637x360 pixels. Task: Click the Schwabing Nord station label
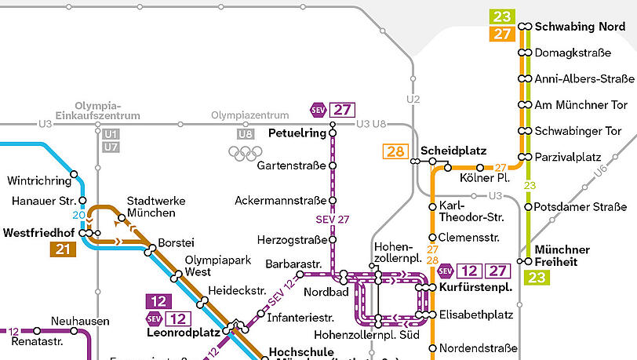point(580,27)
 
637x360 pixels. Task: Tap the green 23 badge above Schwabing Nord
point(502,16)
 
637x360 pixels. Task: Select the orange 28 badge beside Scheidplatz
point(395,151)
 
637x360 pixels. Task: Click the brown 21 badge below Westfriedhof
point(63,249)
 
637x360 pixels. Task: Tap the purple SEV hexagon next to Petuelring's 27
point(318,110)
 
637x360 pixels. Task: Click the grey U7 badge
point(111,147)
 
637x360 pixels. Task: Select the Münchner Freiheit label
point(562,256)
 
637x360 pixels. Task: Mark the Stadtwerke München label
point(156,207)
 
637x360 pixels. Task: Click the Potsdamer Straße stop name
point(581,207)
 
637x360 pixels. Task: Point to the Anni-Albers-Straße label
point(584,78)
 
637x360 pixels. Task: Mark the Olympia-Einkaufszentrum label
point(107,111)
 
